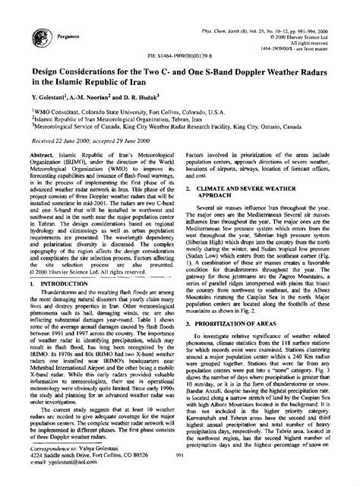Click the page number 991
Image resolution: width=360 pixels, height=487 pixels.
[179, 476]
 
